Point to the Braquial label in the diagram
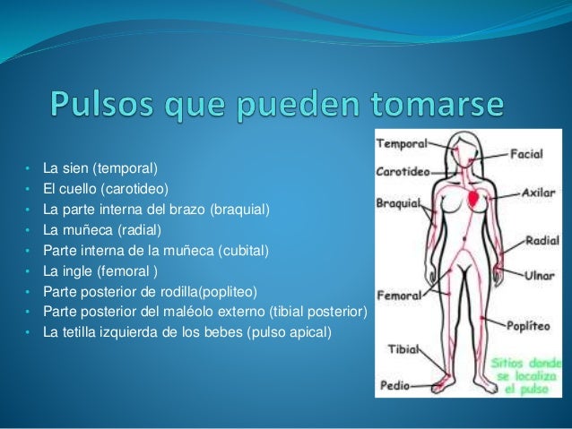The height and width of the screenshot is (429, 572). point(399,202)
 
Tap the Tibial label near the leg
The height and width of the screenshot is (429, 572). point(403,348)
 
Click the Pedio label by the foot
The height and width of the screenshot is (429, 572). point(394,386)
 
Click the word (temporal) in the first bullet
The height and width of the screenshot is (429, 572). point(128,167)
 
